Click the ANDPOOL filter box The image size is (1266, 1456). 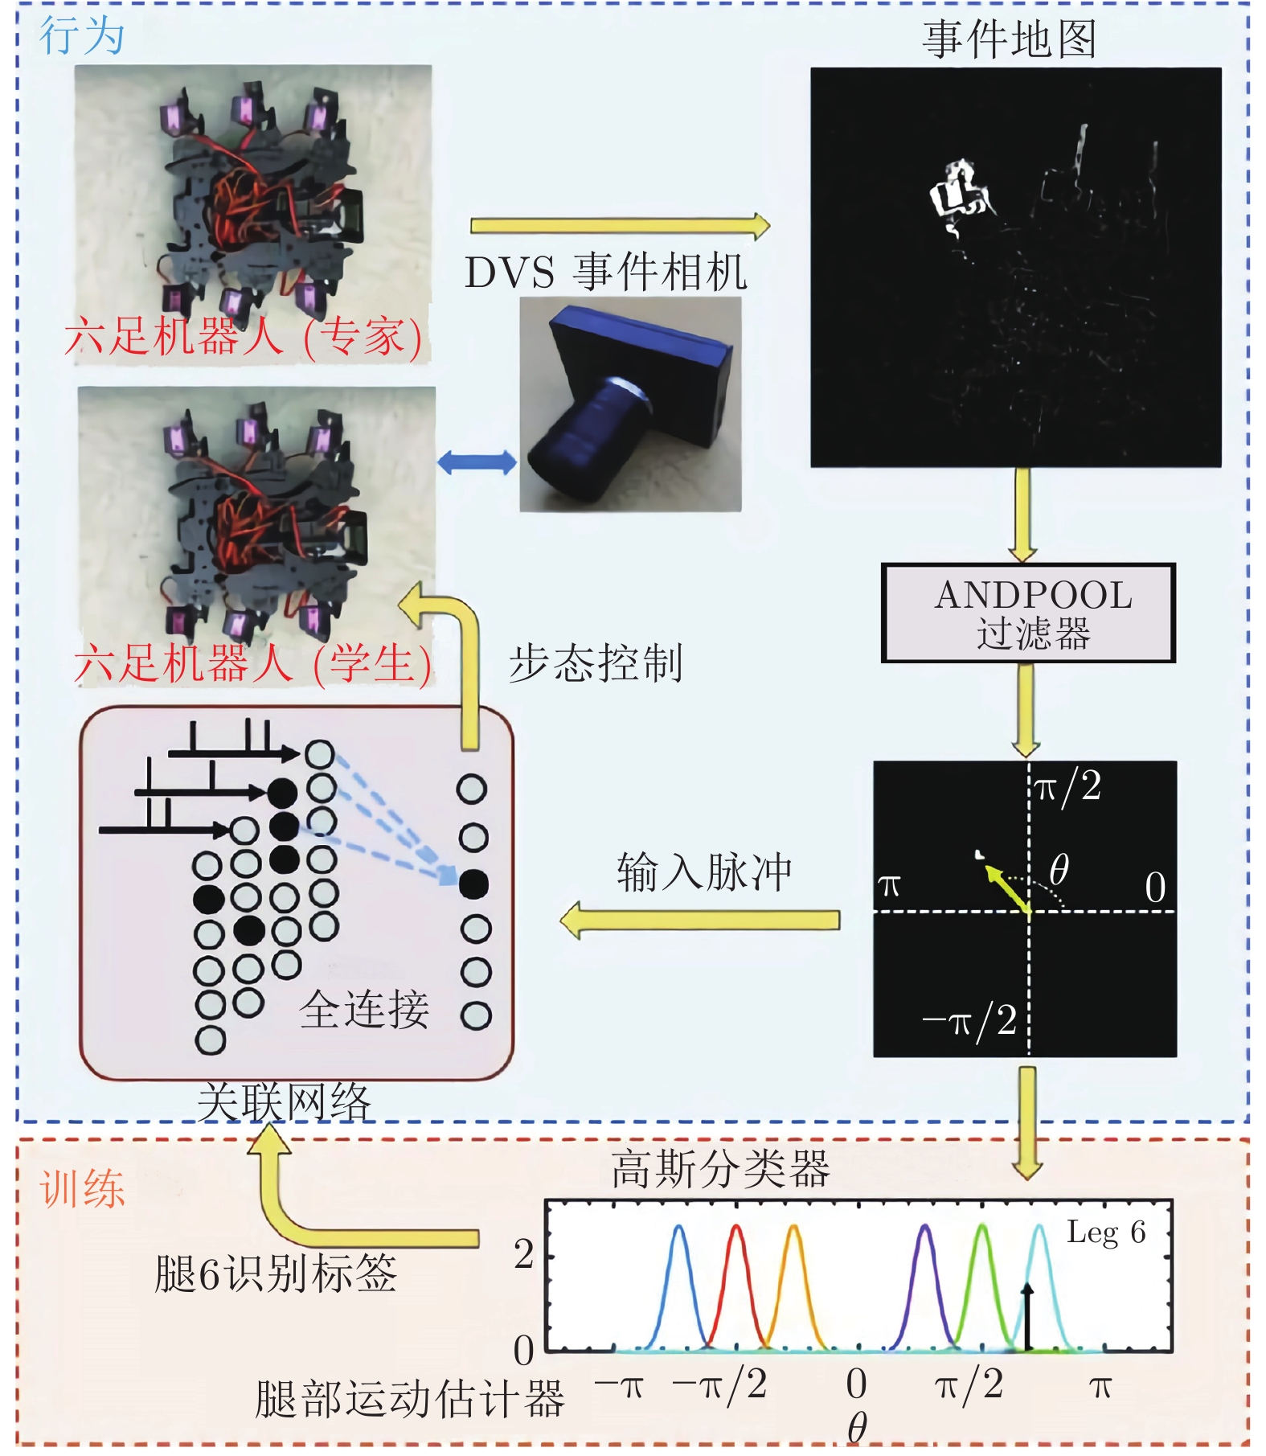[1028, 613]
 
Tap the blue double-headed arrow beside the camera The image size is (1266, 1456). [477, 462]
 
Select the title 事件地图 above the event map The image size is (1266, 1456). [1010, 39]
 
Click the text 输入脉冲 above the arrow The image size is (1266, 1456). [704, 872]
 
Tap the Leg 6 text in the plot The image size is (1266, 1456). [1106, 1232]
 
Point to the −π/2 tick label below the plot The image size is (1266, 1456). [719, 1385]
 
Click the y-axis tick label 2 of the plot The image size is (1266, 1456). [524, 1253]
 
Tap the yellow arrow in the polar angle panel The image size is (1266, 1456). [1008, 889]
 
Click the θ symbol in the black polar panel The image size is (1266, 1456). [1059, 869]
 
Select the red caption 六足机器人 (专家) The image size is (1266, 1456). [244, 336]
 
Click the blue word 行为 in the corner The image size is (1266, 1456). [82, 36]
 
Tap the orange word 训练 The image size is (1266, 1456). [83, 1189]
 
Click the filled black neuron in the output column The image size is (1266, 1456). [473, 884]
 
